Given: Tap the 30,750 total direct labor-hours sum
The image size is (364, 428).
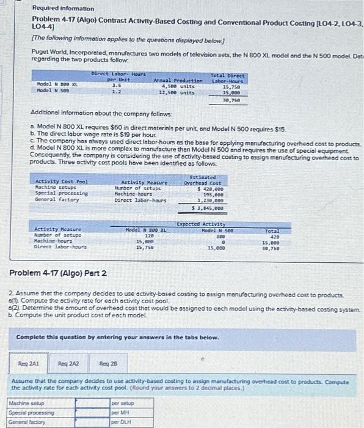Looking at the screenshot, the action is coord(234,100).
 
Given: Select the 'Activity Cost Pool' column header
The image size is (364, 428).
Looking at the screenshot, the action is coord(62,182).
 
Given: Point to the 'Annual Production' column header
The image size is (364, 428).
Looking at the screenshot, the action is coord(178,80).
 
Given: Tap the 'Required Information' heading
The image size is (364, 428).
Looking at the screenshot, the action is coord(55,9).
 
